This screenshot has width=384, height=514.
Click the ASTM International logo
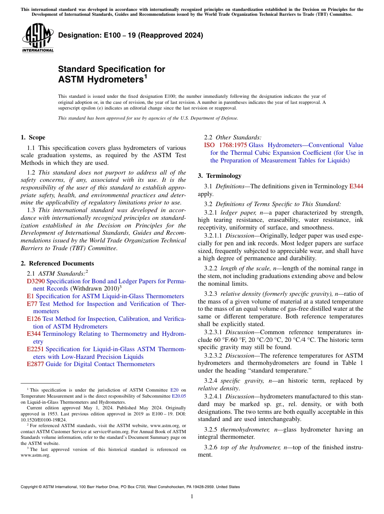click(x=38, y=38)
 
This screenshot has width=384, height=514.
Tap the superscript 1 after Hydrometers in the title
click(x=146, y=76)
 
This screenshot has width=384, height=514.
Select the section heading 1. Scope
click(x=33, y=137)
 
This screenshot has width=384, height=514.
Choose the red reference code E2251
click(x=36, y=349)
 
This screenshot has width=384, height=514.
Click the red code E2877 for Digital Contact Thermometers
click(x=36, y=364)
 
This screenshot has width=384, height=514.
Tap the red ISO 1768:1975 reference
click(x=225, y=145)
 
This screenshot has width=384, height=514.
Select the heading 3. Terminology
click(x=219, y=176)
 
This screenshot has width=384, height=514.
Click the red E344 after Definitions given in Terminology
click(x=356, y=186)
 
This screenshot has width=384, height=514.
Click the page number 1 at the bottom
click(x=192, y=496)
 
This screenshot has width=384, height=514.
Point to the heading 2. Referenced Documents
click(x=57, y=263)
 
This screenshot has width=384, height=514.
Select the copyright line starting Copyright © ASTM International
click(x=130, y=487)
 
